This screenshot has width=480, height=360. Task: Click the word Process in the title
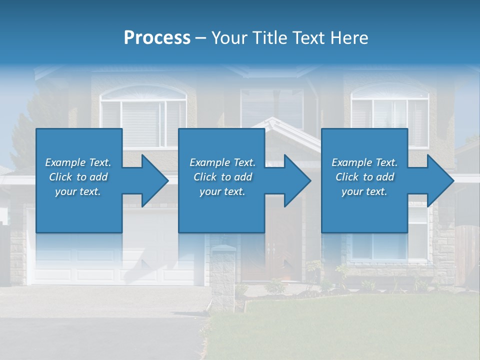click(x=157, y=38)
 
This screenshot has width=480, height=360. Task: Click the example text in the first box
click(x=78, y=177)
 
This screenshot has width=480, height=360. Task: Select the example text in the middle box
click(x=222, y=177)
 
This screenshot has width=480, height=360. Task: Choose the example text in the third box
click(x=364, y=177)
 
